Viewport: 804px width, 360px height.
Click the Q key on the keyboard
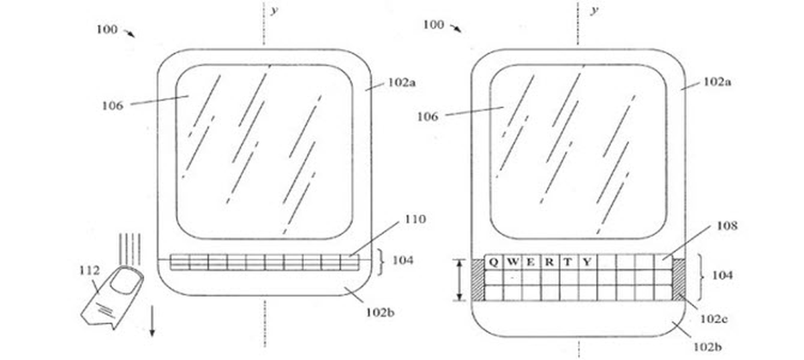coord(494,262)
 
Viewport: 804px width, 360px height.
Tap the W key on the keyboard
coord(512,262)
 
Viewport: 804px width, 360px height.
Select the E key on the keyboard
coord(531,262)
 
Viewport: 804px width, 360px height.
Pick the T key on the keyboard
coord(568,262)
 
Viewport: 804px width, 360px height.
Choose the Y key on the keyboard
coord(587,262)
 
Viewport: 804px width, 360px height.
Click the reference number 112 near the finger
coord(89,270)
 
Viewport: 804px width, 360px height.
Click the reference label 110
coord(415,219)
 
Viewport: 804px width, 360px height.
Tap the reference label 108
coord(727,226)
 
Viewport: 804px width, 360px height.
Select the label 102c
coord(714,318)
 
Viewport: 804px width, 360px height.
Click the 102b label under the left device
coord(380,312)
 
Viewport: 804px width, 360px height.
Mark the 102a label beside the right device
coord(717,82)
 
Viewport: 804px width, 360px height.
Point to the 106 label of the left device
coord(113,106)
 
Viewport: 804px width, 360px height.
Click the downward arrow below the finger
coord(152,321)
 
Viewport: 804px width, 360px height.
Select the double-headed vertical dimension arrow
coord(460,280)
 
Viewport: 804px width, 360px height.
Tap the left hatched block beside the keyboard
coord(477,280)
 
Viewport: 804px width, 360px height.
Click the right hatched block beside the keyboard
coord(679,280)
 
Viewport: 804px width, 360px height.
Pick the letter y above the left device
coord(275,10)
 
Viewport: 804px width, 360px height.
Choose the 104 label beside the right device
coord(722,276)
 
